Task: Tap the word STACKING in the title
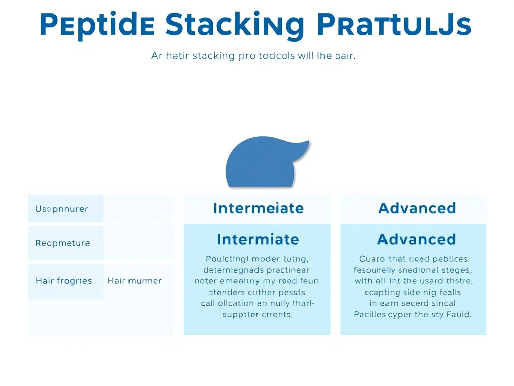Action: tap(234, 25)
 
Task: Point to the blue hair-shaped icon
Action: tap(261, 163)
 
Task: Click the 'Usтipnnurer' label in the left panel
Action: tap(61, 209)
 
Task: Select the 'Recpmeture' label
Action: tap(63, 243)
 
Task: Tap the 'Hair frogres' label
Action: tap(64, 281)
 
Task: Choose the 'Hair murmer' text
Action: tap(135, 281)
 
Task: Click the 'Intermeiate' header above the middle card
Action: tap(258, 208)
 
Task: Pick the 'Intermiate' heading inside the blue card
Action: tap(258, 239)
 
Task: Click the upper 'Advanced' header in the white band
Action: tap(417, 208)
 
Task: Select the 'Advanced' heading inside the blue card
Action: tap(417, 239)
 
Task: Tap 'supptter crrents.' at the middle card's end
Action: tap(258, 315)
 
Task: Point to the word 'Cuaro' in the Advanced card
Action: tap(372, 259)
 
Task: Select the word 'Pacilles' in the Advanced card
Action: tap(370, 315)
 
